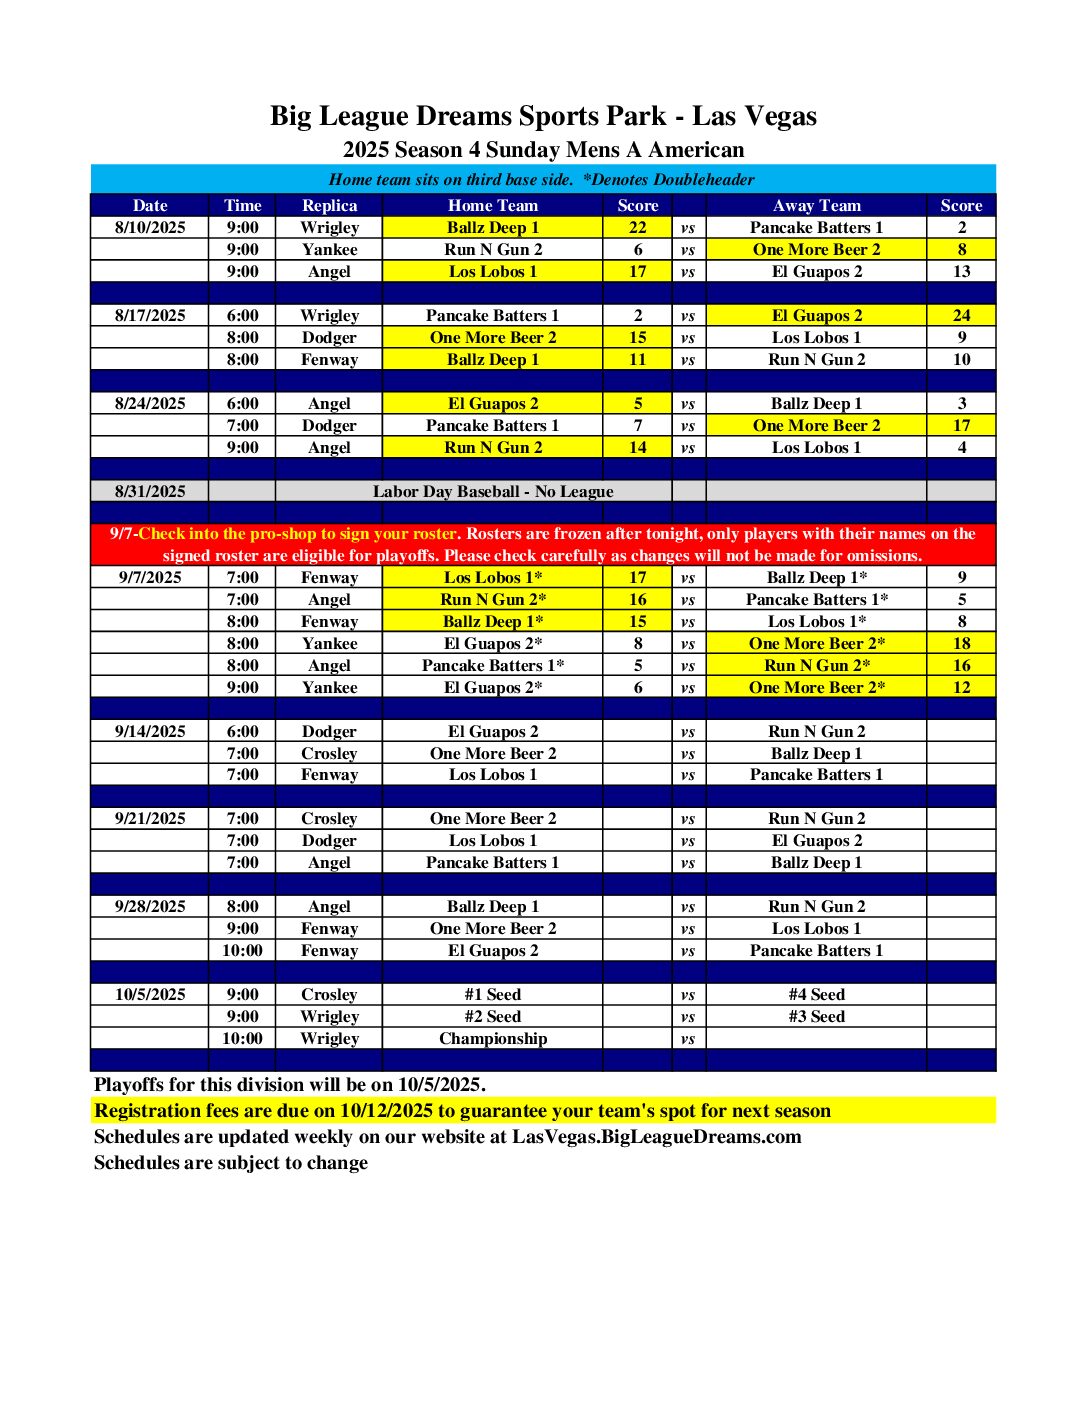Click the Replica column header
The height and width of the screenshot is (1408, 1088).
click(329, 205)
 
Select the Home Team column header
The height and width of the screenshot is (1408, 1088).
click(492, 205)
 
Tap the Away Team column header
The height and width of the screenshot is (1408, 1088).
click(816, 205)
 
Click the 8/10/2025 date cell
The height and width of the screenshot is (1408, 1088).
click(150, 227)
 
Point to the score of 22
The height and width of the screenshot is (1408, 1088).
click(637, 227)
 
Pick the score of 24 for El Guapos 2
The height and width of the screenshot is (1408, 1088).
click(961, 315)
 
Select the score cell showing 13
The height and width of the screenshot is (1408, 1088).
click(961, 271)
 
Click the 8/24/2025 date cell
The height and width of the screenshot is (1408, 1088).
click(150, 403)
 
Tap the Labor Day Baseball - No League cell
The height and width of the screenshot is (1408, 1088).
click(492, 491)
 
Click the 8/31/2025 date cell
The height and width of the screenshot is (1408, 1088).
click(150, 491)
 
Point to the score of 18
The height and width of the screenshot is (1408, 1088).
click(961, 643)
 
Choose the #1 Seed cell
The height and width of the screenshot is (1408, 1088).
click(492, 994)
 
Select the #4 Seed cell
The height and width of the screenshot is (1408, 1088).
click(816, 994)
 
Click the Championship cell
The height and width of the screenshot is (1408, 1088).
click(492, 1038)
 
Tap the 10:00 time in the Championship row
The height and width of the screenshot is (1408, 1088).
click(242, 1038)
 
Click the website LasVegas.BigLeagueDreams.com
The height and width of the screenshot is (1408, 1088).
click(656, 1136)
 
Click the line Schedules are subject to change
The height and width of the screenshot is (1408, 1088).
click(230, 1162)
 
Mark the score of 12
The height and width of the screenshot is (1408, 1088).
click(961, 687)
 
